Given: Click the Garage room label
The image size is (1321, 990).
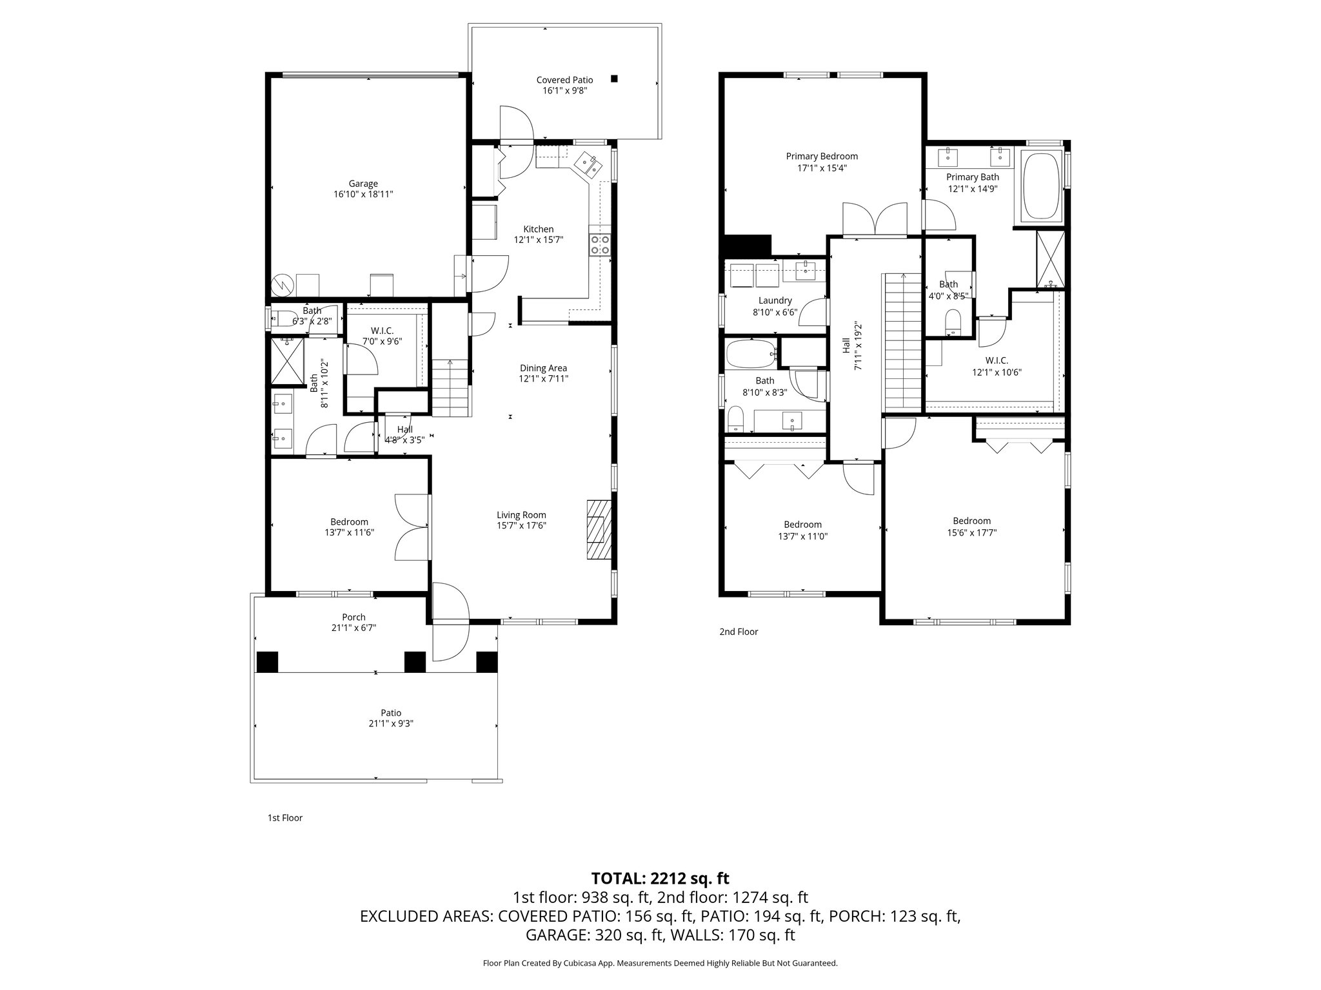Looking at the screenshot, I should tap(363, 184).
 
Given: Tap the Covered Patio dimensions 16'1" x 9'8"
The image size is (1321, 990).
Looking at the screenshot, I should tap(564, 91).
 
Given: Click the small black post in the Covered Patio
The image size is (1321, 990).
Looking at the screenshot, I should tap(614, 79).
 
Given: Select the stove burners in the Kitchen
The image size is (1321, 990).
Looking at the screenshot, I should tap(601, 245).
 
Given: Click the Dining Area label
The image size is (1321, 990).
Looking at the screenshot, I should tap(543, 368).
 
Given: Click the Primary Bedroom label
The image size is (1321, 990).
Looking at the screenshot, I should tap(822, 156).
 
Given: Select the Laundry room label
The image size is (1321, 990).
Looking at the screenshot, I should tap(775, 300).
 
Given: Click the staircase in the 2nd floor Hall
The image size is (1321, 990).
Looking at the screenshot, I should tap(902, 342).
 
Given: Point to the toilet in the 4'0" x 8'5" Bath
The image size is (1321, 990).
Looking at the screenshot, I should tap(952, 321).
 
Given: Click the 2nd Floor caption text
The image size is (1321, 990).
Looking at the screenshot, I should tap(739, 632).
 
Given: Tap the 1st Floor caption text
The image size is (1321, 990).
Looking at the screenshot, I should tap(284, 818).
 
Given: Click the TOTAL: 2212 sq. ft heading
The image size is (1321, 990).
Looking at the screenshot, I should tap(660, 878).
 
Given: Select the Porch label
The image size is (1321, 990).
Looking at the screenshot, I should tap(353, 617).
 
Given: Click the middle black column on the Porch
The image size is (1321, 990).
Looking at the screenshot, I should tap(415, 662).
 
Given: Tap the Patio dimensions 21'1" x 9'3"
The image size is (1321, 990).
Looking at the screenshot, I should tap(391, 723).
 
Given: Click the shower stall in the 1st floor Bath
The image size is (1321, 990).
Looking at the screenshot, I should tap(287, 361).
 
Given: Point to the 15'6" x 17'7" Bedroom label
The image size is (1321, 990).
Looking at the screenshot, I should tap(971, 521).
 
